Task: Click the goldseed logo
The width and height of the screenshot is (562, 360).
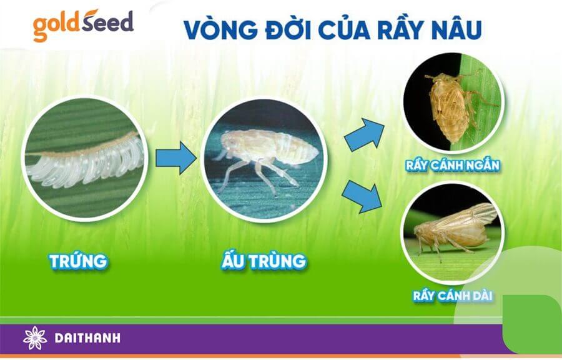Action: tap(82, 24)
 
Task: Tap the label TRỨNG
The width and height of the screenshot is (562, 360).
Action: tap(78, 261)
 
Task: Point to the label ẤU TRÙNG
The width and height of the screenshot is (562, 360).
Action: tap(264, 261)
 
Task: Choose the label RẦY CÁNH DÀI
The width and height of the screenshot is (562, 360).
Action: tap(448, 295)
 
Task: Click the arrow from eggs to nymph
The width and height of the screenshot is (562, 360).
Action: tap(175, 157)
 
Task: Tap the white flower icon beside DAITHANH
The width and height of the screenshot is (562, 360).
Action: tap(35, 339)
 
